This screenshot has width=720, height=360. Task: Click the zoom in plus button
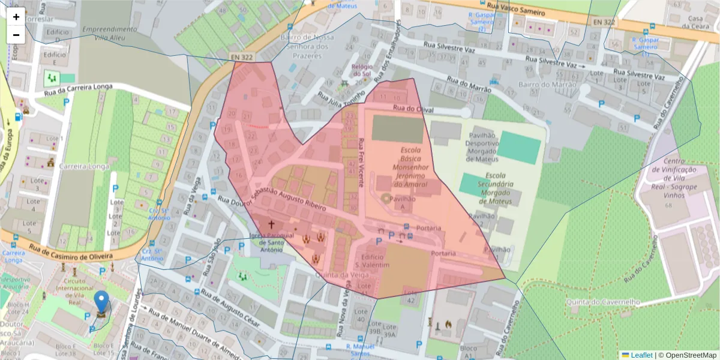[x=16, y=17]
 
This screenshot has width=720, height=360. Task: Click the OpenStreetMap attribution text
[x=688, y=355]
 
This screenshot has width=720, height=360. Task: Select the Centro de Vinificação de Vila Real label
[x=680, y=174]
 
